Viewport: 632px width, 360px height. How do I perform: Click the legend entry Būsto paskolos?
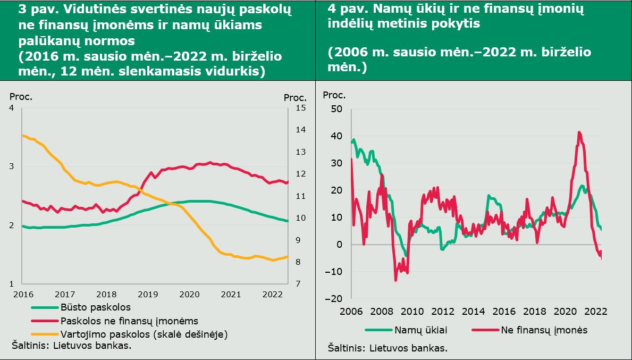click(81, 307)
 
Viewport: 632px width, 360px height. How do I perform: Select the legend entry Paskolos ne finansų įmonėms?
click(115, 321)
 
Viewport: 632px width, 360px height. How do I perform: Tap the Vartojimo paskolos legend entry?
click(129, 334)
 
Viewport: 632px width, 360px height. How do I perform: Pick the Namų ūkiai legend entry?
click(406, 330)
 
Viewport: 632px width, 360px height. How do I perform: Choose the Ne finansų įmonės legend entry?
click(529, 330)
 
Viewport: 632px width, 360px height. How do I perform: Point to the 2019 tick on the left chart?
click(147, 294)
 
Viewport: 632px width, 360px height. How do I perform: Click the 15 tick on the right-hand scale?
click(301, 108)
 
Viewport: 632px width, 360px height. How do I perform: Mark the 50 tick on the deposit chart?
click(336, 109)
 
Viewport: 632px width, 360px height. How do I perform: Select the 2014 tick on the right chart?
click(474, 312)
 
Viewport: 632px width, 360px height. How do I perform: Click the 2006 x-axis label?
click(351, 312)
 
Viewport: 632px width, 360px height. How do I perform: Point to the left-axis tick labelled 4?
click(11, 108)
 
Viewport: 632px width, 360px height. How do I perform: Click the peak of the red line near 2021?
click(579, 132)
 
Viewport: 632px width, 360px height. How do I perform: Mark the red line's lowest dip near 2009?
click(396, 280)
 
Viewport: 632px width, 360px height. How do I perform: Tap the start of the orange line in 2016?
click(22, 136)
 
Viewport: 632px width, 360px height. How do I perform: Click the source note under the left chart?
click(71, 346)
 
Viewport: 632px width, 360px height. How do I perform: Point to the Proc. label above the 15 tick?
click(295, 98)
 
